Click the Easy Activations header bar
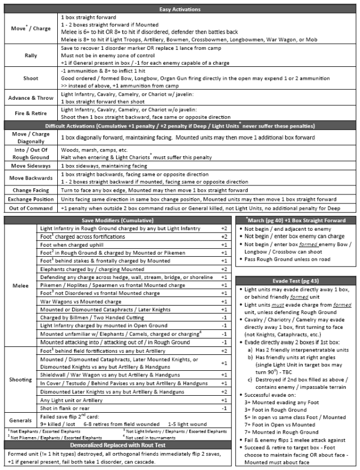[180, 9]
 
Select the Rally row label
[30, 55]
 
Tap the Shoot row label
[30, 77]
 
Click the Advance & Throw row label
[30, 98]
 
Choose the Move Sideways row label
[30, 166]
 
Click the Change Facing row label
[30, 190]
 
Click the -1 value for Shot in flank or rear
[225, 408]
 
